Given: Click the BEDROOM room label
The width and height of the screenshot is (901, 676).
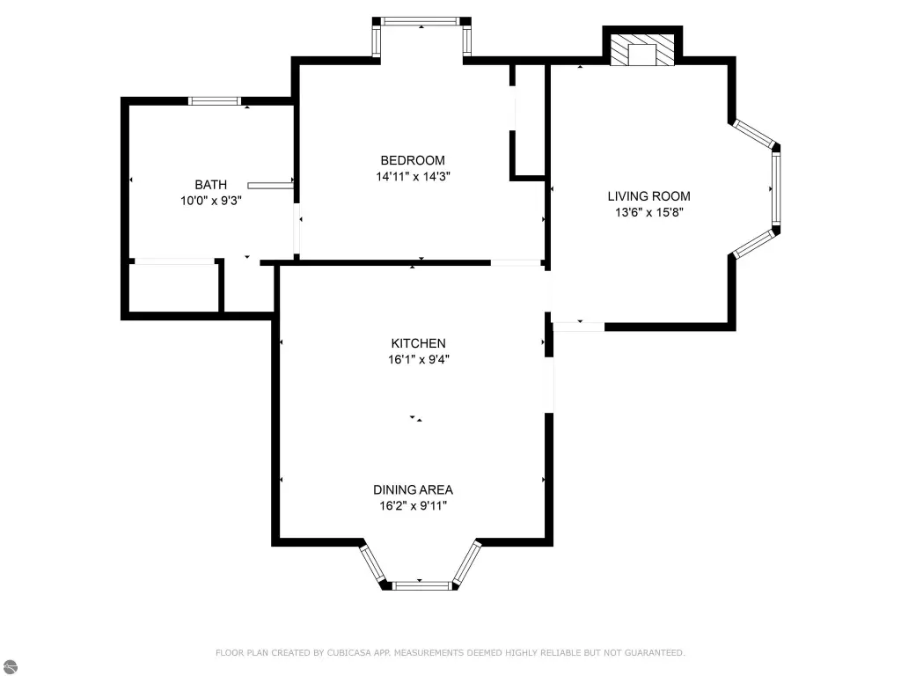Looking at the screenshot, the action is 413,160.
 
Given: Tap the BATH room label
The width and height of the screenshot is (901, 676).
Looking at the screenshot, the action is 211,185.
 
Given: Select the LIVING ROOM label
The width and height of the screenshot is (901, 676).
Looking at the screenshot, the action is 648,196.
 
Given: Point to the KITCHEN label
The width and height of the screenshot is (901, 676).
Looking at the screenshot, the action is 418,343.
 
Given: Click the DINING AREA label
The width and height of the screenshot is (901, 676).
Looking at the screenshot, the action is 414,489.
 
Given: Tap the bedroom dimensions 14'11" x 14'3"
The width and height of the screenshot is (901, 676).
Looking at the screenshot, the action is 414,176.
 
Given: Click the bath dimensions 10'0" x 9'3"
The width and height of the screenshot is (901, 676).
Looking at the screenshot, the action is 211,201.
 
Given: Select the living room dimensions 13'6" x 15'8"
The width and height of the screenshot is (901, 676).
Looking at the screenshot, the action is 648,212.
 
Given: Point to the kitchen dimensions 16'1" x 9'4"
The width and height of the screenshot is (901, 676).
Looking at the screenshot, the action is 418,359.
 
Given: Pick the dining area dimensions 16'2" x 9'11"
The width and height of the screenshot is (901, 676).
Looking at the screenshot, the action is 414,506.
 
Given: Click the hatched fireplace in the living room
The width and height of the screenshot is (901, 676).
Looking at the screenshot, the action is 642,50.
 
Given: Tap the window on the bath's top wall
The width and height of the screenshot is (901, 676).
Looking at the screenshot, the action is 215,101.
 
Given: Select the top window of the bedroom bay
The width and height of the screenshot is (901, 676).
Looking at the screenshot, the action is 421,21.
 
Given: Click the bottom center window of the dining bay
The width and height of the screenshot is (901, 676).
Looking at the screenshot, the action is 421,585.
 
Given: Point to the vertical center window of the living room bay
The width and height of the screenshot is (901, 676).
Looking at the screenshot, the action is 776,188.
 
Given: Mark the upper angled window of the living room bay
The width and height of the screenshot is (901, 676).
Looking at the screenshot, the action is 754,134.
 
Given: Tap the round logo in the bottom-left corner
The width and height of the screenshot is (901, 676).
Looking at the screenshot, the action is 10,666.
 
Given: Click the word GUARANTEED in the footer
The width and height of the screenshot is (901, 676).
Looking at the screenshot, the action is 655,652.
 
